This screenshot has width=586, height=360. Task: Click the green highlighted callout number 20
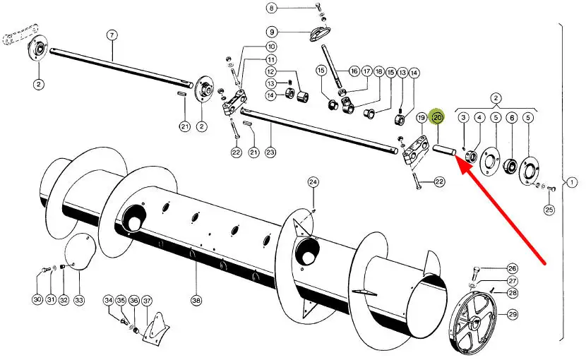(438, 117)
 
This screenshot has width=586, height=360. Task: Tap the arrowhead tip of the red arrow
(455, 160)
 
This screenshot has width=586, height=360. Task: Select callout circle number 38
(196, 300)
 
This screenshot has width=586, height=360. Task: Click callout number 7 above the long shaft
(111, 35)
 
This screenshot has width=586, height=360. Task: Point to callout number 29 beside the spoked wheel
(513, 314)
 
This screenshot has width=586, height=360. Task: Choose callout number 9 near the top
(272, 32)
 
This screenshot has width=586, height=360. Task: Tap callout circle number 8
(272, 8)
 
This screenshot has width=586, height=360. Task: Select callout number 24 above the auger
(313, 182)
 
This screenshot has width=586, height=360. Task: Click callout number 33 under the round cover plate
(78, 300)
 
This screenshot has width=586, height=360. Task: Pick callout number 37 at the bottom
(147, 300)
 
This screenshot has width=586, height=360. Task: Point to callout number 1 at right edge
(571, 183)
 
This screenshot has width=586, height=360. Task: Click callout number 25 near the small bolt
(549, 210)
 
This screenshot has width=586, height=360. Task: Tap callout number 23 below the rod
(270, 152)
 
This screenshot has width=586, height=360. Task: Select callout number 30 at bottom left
(37, 300)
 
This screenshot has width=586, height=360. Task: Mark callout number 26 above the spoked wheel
(513, 268)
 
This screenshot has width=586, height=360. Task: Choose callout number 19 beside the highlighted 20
(421, 117)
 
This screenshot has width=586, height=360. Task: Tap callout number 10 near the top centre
(271, 47)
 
